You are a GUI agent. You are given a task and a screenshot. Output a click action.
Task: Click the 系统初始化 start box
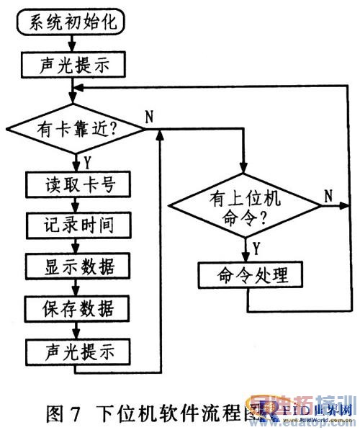[72, 23]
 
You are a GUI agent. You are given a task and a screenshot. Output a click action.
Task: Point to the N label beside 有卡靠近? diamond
[149, 117]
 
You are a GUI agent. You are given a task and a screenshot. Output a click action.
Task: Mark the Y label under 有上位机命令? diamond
[255, 248]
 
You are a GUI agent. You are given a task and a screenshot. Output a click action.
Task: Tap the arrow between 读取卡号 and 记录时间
[72, 205]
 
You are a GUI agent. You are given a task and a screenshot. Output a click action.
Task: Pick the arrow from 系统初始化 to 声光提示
[72, 44]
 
